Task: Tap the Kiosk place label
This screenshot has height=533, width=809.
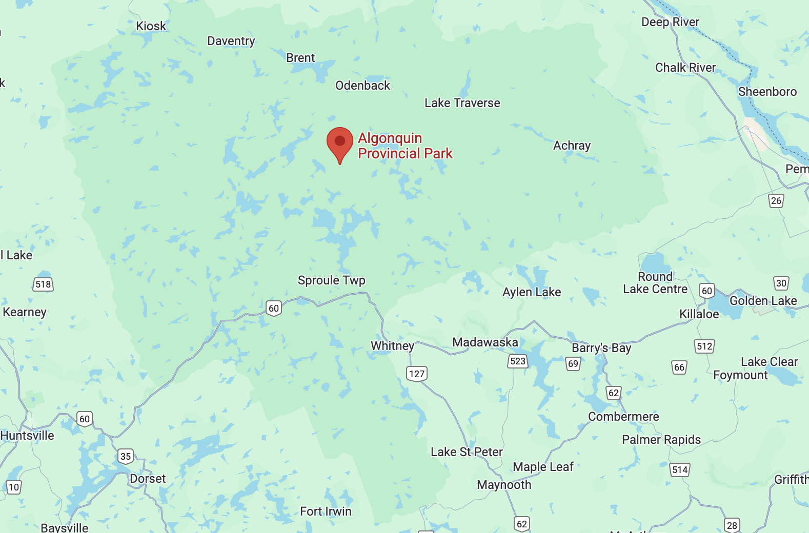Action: [x=151, y=26]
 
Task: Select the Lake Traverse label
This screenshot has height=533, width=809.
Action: [x=462, y=103]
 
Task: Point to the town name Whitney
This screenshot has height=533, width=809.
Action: [x=392, y=346]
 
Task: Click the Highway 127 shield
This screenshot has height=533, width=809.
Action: [x=417, y=374]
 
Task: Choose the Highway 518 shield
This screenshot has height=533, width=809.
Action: [x=43, y=284]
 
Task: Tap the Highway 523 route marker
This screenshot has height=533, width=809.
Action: [x=518, y=361]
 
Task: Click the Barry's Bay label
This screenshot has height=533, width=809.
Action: [x=601, y=348]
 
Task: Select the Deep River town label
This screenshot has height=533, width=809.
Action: [x=670, y=22]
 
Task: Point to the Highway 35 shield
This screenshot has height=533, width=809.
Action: [x=126, y=456]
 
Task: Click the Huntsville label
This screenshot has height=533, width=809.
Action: [x=27, y=436]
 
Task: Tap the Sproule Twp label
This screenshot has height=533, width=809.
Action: [x=331, y=280]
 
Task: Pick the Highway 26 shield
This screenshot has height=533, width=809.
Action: [x=776, y=200]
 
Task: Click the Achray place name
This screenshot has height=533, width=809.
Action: [x=572, y=146]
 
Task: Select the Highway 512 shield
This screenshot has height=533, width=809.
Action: [x=704, y=346]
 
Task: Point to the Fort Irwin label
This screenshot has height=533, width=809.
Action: [x=326, y=511]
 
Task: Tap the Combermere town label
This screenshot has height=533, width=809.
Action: [x=623, y=417]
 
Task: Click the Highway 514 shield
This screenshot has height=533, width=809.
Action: [x=680, y=469]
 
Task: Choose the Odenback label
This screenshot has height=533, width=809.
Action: [x=362, y=86]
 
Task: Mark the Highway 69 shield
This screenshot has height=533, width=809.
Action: [x=573, y=364]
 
